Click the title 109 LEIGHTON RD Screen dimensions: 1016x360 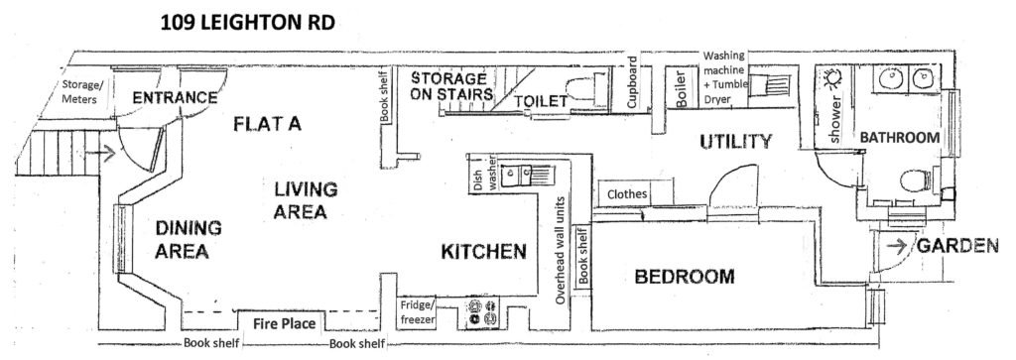pos(247,24)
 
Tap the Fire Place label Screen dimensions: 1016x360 pos(284,323)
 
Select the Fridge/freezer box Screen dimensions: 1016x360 pos(417,312)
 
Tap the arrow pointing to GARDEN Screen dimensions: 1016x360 pos(897,246)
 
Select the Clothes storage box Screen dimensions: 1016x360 pos(627,193)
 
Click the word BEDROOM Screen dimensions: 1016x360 pos(685,277)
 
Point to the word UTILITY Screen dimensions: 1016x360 pos(737,141)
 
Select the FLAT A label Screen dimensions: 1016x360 pos(268,123)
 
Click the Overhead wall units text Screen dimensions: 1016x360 pos(562,250)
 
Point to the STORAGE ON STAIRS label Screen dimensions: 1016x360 pos(449,86)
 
